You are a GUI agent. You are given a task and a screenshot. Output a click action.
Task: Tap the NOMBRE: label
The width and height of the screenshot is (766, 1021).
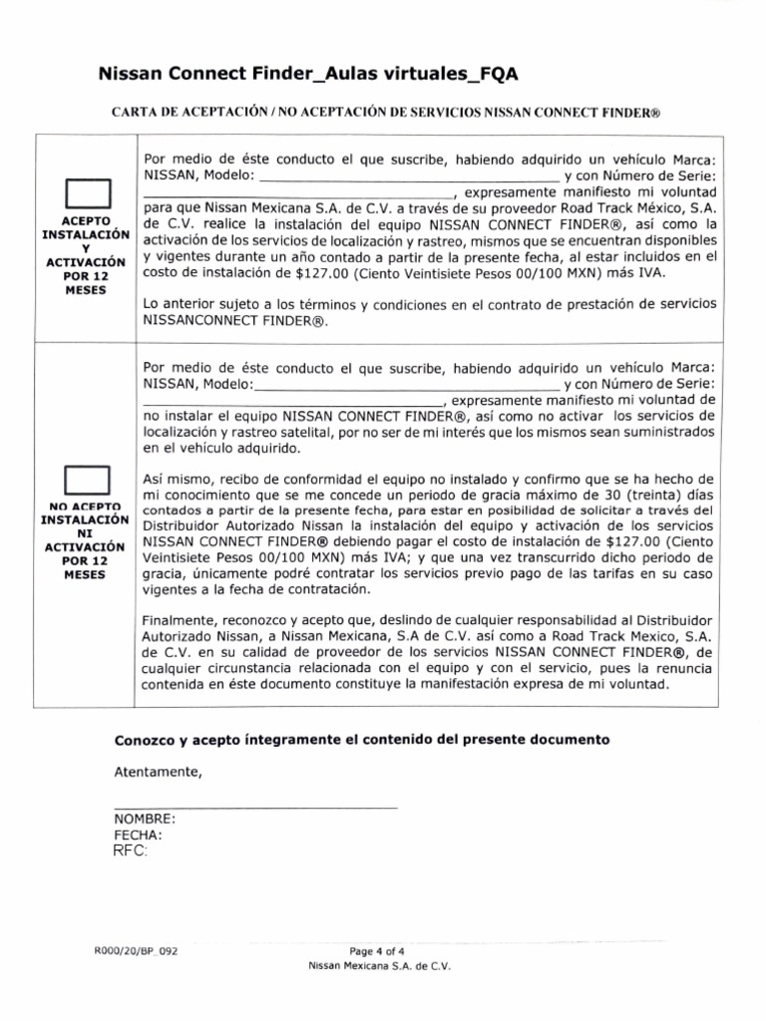click(146, 818)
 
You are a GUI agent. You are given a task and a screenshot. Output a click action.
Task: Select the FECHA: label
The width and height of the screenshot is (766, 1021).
click(139, 835)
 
